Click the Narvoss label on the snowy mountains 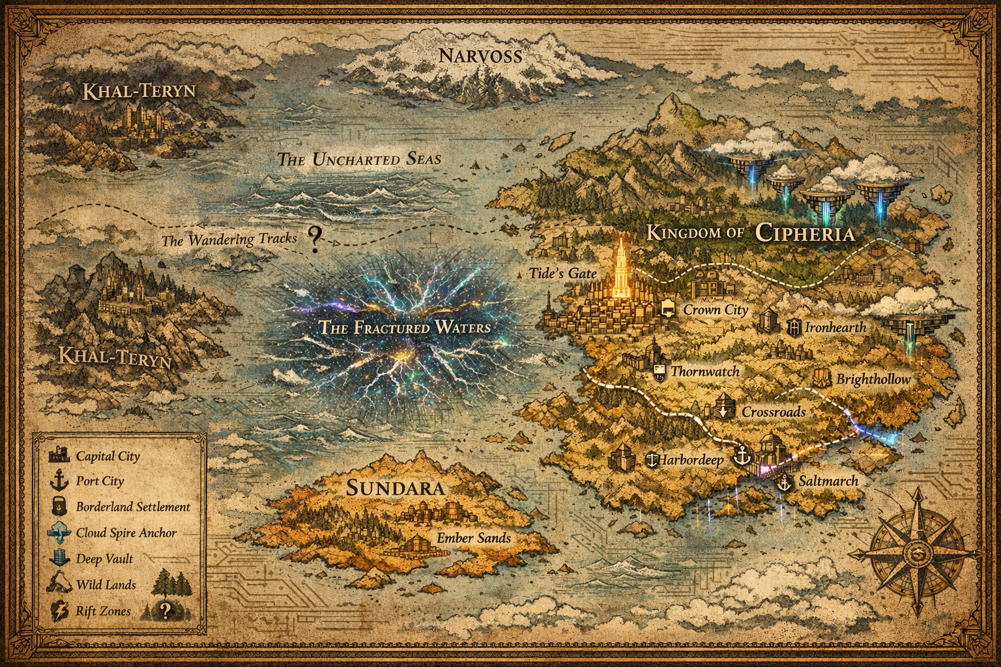(x=480, y=55)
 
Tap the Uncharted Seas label (x=359, y=158)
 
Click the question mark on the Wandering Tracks (x=315, y=239)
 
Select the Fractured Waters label (x=404, y=327)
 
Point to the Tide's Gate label (x=563, y=273)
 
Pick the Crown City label (x=715, y=310)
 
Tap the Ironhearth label (x=835, y=327)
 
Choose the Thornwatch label (x=705, y=371)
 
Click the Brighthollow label (x=873, y=379)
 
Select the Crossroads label (x=774, y=412)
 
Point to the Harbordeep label (x=690, y=460)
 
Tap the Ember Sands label (x=474, y=538)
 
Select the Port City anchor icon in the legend (x=59, y=481)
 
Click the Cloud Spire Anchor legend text (x=126, y=533)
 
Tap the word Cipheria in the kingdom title (x=805, y=233)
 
